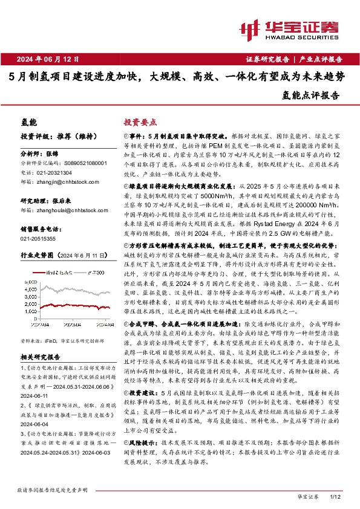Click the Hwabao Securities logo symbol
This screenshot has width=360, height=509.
tap(250, 28)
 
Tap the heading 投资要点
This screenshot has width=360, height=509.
tap(140, 122)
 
